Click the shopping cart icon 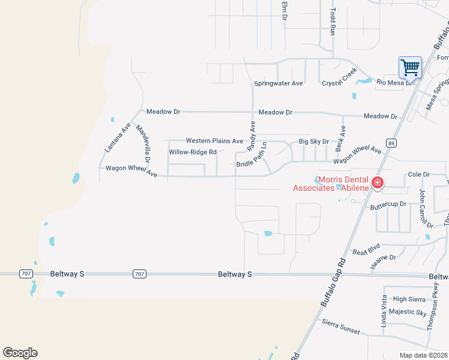point(410,67)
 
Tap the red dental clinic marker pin point(377,182)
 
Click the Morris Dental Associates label point(334,184)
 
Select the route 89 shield point(391,143)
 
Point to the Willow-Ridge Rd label point(192,152)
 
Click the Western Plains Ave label point(214,140)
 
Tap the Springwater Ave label point(279,83)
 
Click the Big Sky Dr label point(314,142)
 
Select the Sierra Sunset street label point(340,327)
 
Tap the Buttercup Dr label point(388,205)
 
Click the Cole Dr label point(419,174)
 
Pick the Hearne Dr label point(384,258)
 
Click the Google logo point(20,353)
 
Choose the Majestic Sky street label point(408,312)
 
